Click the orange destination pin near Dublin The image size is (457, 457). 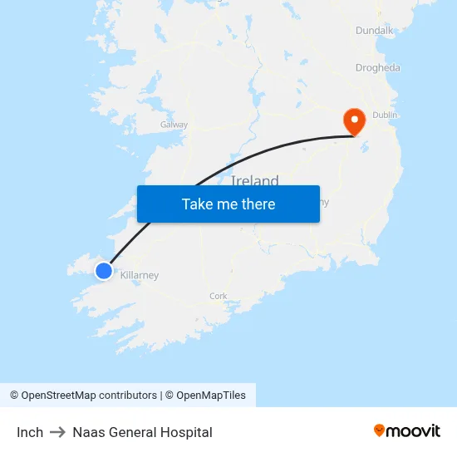[355, 121]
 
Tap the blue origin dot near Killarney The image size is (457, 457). [104, 271]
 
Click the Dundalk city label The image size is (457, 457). [374, 30]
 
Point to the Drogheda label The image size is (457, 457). [377, 68]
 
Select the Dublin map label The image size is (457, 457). [386, 115]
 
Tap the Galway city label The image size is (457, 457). [174, 125]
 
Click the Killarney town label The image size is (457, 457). [140, 276]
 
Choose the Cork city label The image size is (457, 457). [219, 296]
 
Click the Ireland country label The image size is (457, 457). [255, 180]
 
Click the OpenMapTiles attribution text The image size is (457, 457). [211, 396]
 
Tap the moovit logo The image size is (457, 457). [407, 430]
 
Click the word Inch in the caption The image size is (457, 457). [30, 432]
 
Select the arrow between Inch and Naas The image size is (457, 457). [57, 432]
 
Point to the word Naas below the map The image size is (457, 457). [87, 432]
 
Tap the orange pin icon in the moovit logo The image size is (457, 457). [379, 430]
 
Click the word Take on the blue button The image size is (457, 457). [197, 204]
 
